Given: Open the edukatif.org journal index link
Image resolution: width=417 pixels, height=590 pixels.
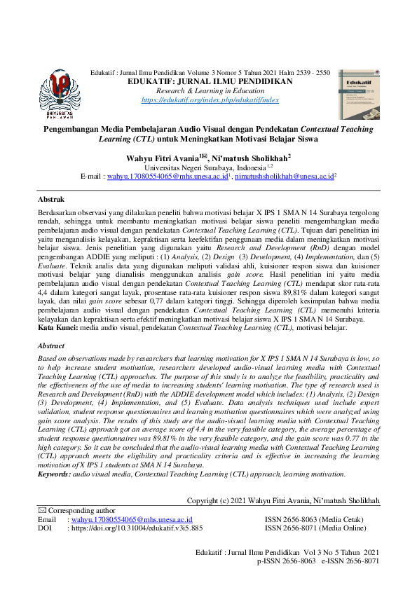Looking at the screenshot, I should [x=210, y=100].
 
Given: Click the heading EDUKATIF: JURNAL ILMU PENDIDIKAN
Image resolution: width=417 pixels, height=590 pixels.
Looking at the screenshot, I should [x=210, y=82].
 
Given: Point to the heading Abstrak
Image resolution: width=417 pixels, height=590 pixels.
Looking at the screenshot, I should [x=50, y=199].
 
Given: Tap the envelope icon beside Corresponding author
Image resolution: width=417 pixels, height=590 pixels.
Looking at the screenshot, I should [x=41, y=511].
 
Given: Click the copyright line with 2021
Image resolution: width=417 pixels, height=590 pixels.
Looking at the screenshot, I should [x=284, y=500].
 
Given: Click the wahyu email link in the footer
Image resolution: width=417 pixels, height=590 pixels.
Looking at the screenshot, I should [x=131, y=519].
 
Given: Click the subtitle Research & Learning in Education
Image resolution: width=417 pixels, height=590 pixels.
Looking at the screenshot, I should [x=210, y=91].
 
